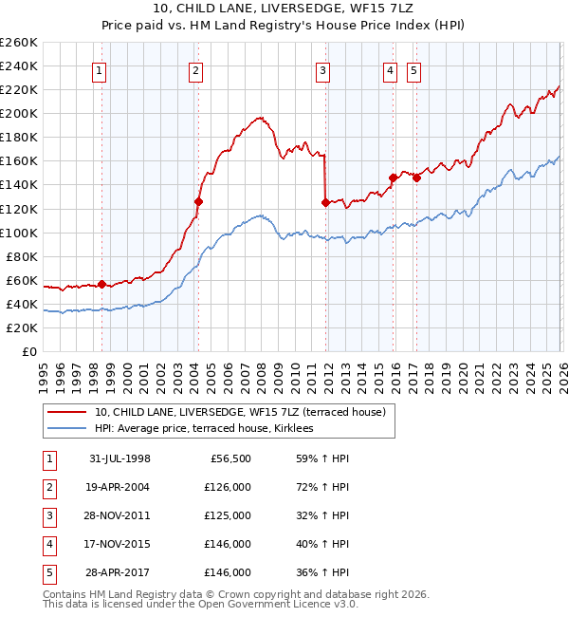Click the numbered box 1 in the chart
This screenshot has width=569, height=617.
[100, 69]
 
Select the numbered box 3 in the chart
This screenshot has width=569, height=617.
[323, 69]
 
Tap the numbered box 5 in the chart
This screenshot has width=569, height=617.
[414, 69]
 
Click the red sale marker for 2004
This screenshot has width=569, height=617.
[198, 201]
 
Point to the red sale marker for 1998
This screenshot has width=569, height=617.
[102, 284]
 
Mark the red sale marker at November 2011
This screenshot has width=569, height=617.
[325, 202]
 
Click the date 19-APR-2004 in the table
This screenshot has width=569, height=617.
[119, 487]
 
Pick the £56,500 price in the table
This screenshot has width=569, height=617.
[230, 458]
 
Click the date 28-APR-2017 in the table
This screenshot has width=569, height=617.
[119, 572]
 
